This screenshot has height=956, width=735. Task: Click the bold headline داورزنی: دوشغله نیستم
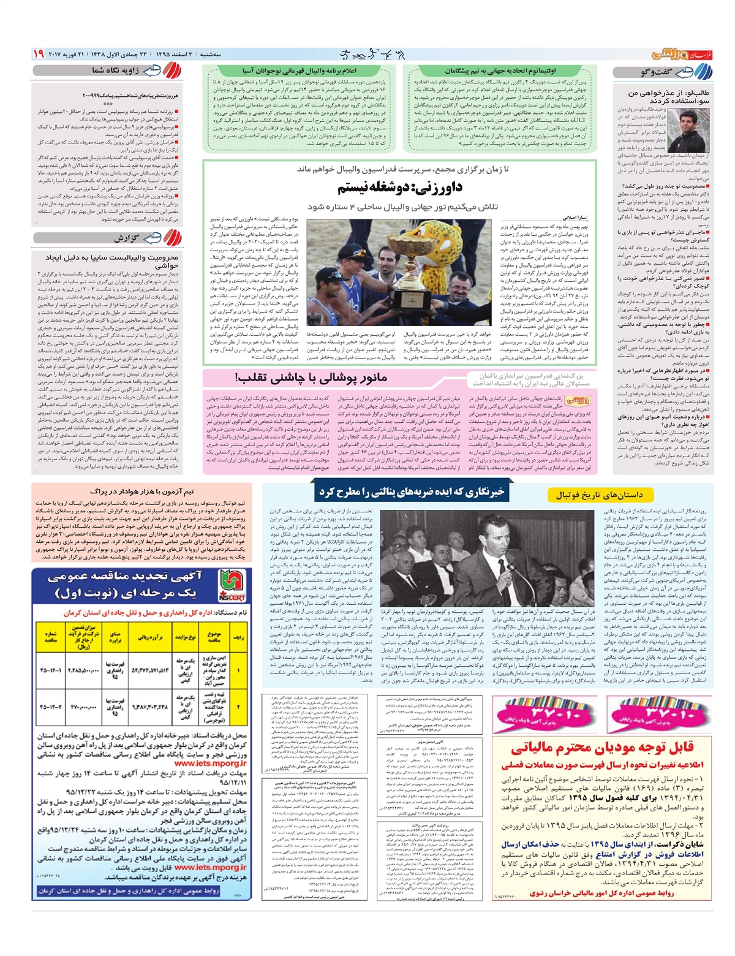(x=399, y=187)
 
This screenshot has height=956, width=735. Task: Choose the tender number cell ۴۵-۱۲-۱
(x=51, y=670)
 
